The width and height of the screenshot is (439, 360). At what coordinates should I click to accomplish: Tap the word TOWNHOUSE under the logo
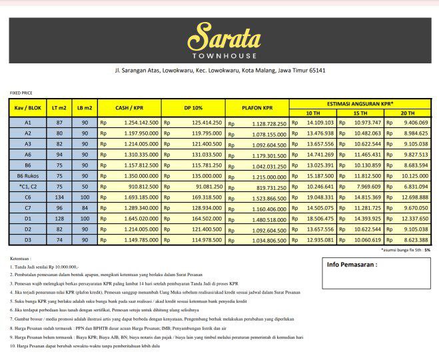[219, 55]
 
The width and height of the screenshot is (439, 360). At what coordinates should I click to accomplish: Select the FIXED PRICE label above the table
[20, 93]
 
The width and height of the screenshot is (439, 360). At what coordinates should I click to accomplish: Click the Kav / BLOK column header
[28, 108]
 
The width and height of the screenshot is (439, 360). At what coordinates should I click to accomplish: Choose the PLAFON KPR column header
[258, 108]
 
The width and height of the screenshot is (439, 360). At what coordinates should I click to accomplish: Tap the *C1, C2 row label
[28, 186]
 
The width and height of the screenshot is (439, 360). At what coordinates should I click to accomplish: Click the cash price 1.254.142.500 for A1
[138, 123]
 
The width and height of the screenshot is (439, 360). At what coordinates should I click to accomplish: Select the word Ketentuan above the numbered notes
[22, 257]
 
